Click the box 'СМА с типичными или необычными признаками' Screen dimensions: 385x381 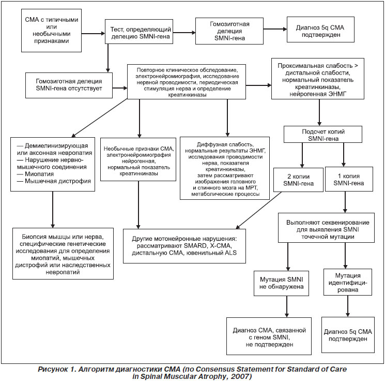[51, 31]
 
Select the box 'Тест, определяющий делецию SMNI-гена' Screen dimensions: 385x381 [139, 32]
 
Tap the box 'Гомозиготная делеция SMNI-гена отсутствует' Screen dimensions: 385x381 [69, 85]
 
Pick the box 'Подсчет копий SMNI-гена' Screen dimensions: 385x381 [323, 134]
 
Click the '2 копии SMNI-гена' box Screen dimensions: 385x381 [298, 180]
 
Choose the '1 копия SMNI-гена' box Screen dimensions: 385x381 [349, 179]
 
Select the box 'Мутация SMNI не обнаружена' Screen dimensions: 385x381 [281, 283]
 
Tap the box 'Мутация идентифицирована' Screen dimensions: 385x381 [348, 282]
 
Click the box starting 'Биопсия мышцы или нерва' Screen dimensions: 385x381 [63, 254]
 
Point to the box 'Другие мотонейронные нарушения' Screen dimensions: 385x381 [184, 246]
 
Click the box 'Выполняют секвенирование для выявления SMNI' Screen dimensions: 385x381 [326, 228]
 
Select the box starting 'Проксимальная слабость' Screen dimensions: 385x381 [318, 79]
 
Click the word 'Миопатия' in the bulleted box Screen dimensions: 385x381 [39, 174]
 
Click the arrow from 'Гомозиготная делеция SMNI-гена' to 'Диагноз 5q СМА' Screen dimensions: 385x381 [275, 29]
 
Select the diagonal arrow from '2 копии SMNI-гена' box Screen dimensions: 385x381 [258, 210]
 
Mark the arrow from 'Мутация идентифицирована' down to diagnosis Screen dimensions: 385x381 [348, 306]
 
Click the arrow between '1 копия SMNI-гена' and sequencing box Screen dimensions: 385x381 [345, 202]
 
